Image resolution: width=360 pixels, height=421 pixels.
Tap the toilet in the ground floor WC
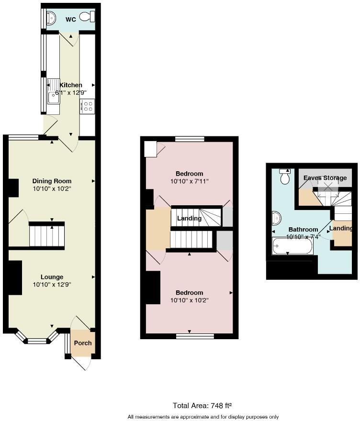(87, 17)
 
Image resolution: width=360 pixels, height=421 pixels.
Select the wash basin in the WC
(50, 18)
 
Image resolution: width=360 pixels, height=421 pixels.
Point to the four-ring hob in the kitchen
(87, 106)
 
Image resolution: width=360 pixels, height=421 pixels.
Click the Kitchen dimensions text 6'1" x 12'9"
(70, 92)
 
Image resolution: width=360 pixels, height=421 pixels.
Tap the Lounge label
(52, 277)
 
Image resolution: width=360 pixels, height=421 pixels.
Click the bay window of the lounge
(36, 341)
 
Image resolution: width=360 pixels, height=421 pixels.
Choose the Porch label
(82, 343)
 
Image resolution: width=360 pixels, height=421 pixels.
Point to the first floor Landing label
(189, 219)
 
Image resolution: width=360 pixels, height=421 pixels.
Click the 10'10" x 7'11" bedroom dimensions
(189, 182)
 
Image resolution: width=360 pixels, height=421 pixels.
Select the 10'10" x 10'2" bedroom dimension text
(189, 300)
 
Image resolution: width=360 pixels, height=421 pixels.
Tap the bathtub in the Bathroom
(292, 246)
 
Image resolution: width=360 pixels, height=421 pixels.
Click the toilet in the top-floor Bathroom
(285, 177)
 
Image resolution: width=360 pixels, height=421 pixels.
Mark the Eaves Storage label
(325, 178)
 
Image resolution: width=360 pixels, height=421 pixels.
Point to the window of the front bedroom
(194, 336)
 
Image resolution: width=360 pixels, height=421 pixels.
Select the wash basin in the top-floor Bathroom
(276, 218)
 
